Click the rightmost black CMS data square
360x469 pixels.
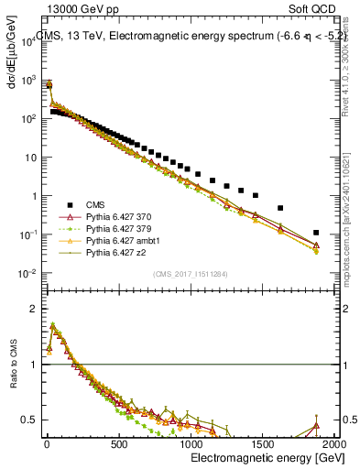316,232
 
